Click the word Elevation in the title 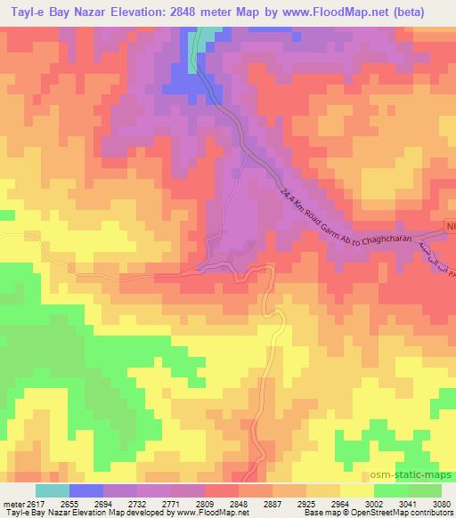point(142,12)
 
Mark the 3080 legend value point(443,505)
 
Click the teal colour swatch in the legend point(52,490)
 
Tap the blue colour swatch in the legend point(86,490)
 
